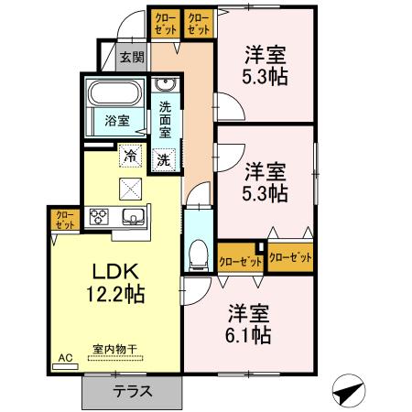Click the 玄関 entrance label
131,57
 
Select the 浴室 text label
115,120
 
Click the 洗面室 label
165,118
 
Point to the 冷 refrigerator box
132,157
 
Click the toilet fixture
198,254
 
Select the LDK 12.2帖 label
115,283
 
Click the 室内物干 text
115,348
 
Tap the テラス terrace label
132,391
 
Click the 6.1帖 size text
248,335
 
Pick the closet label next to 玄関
166,23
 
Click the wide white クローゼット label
291,257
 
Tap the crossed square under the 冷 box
132,190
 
